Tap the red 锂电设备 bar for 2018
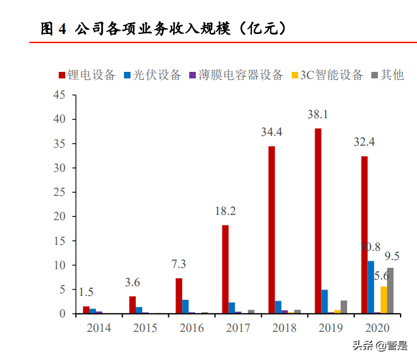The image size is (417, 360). coord(271,230)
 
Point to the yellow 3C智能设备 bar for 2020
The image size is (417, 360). coord(384,300)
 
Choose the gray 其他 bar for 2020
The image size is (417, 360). coord(390,291)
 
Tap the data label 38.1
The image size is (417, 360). coord(317,115)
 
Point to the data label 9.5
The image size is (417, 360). coord(392,255)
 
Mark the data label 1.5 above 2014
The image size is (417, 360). coord(86,292)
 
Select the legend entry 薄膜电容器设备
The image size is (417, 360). coord(236,74)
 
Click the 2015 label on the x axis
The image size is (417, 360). coord(145,327)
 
